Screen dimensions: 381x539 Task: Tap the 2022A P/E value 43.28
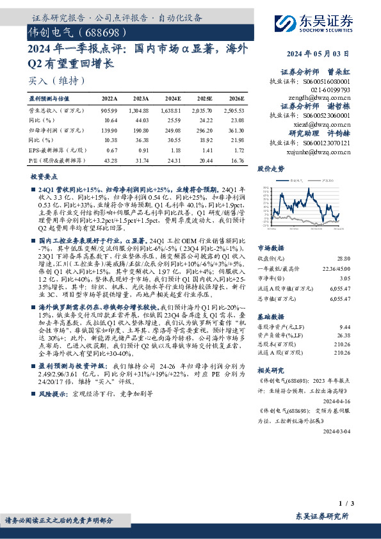[x=109, y=159]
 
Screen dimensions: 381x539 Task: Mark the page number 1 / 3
[x=343, y=504]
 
